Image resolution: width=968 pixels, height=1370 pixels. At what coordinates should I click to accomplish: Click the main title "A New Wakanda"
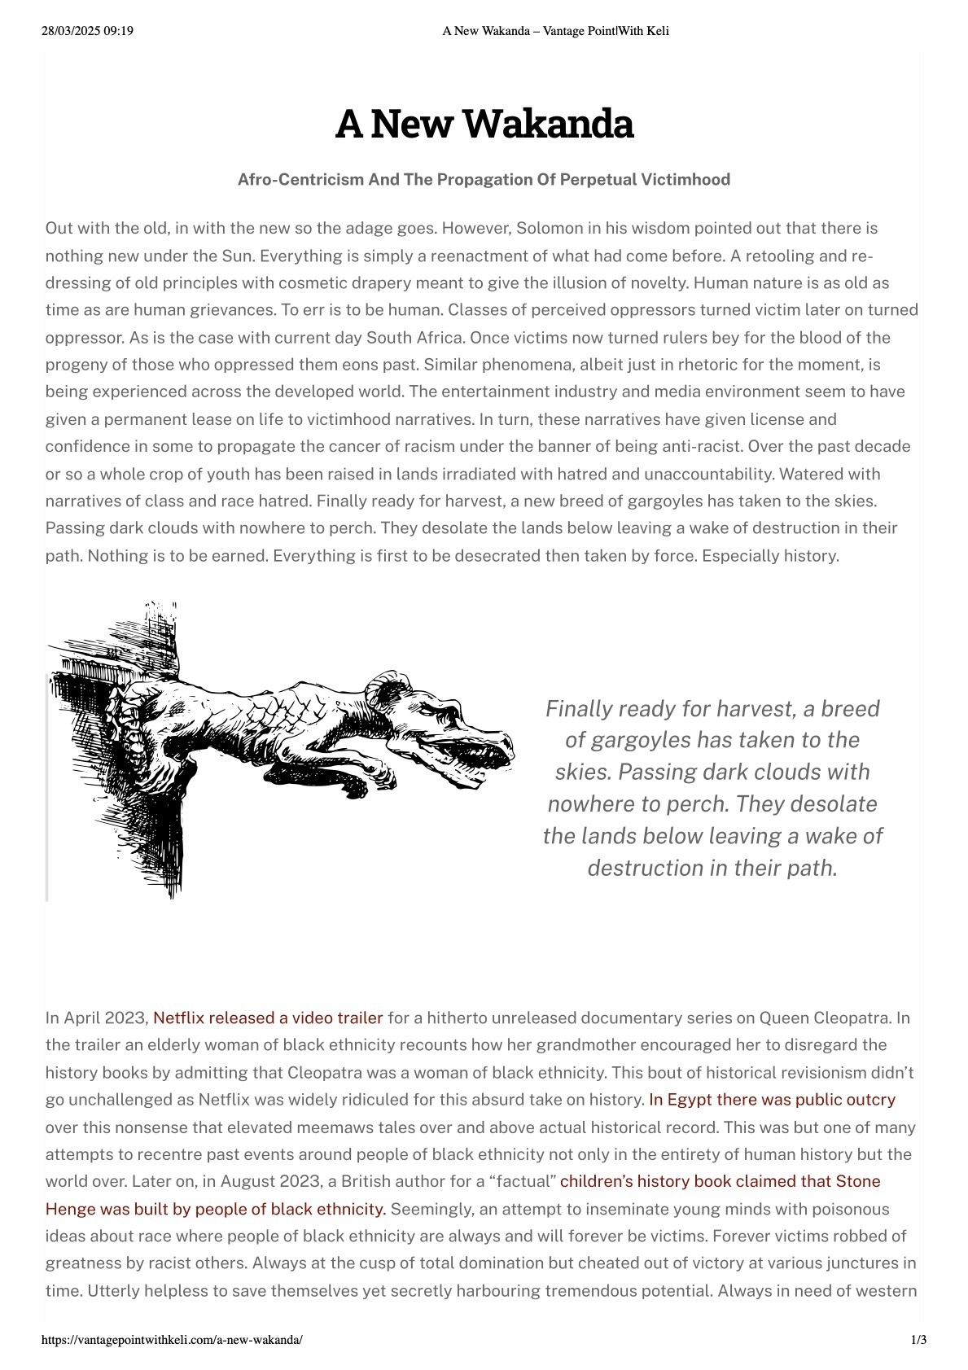484,125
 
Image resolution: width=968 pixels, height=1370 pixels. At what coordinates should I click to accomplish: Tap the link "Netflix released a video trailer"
268,1018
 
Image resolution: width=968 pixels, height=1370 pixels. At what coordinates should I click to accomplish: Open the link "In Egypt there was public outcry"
772,1100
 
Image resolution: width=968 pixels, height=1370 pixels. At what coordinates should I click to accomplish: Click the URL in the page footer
172,1340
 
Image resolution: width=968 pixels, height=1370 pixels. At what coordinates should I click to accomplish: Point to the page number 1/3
918,1340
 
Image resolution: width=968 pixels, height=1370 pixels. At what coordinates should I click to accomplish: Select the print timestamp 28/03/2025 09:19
87,31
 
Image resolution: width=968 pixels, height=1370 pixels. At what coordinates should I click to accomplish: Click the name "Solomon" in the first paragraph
545,228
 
